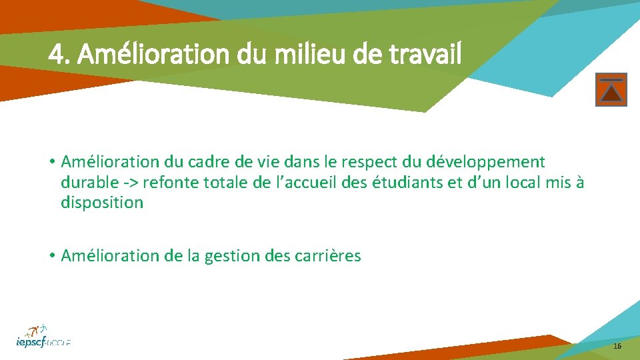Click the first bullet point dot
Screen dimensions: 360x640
pyautogui.click(x=51, y=162)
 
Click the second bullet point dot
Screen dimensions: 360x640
pyautogui.click(x=51, y=256)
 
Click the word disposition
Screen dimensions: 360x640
pyautogui.click(x=102, y=203)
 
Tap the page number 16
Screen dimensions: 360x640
pyautogui.click(x=617, y=346)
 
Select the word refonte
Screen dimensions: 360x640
pyautogui.click(x=168, y=182)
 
